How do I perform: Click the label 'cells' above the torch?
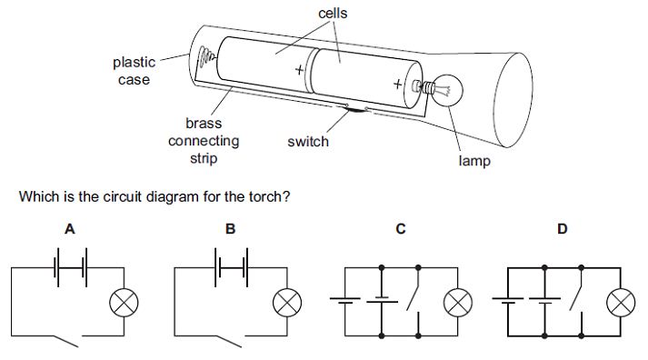pos(333,14)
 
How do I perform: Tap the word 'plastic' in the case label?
pos(134,63)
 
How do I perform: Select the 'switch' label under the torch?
pos(308,141)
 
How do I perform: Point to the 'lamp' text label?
pos(474,161)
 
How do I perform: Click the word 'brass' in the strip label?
pos(204,123)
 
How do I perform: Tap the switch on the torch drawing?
pos(356,109)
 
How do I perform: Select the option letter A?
pos(70,229)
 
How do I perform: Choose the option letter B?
pos(230,229)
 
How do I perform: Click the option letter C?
pos(401,229)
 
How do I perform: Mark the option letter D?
pos(562,229)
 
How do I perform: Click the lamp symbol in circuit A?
pos(124,303)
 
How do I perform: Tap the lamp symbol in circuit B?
pos(287,303)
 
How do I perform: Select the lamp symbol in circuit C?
pos(458,303)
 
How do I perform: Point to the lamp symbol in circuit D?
pos(621,303)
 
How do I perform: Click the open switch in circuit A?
pos(66,341)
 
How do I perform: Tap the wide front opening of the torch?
pos(513,100)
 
